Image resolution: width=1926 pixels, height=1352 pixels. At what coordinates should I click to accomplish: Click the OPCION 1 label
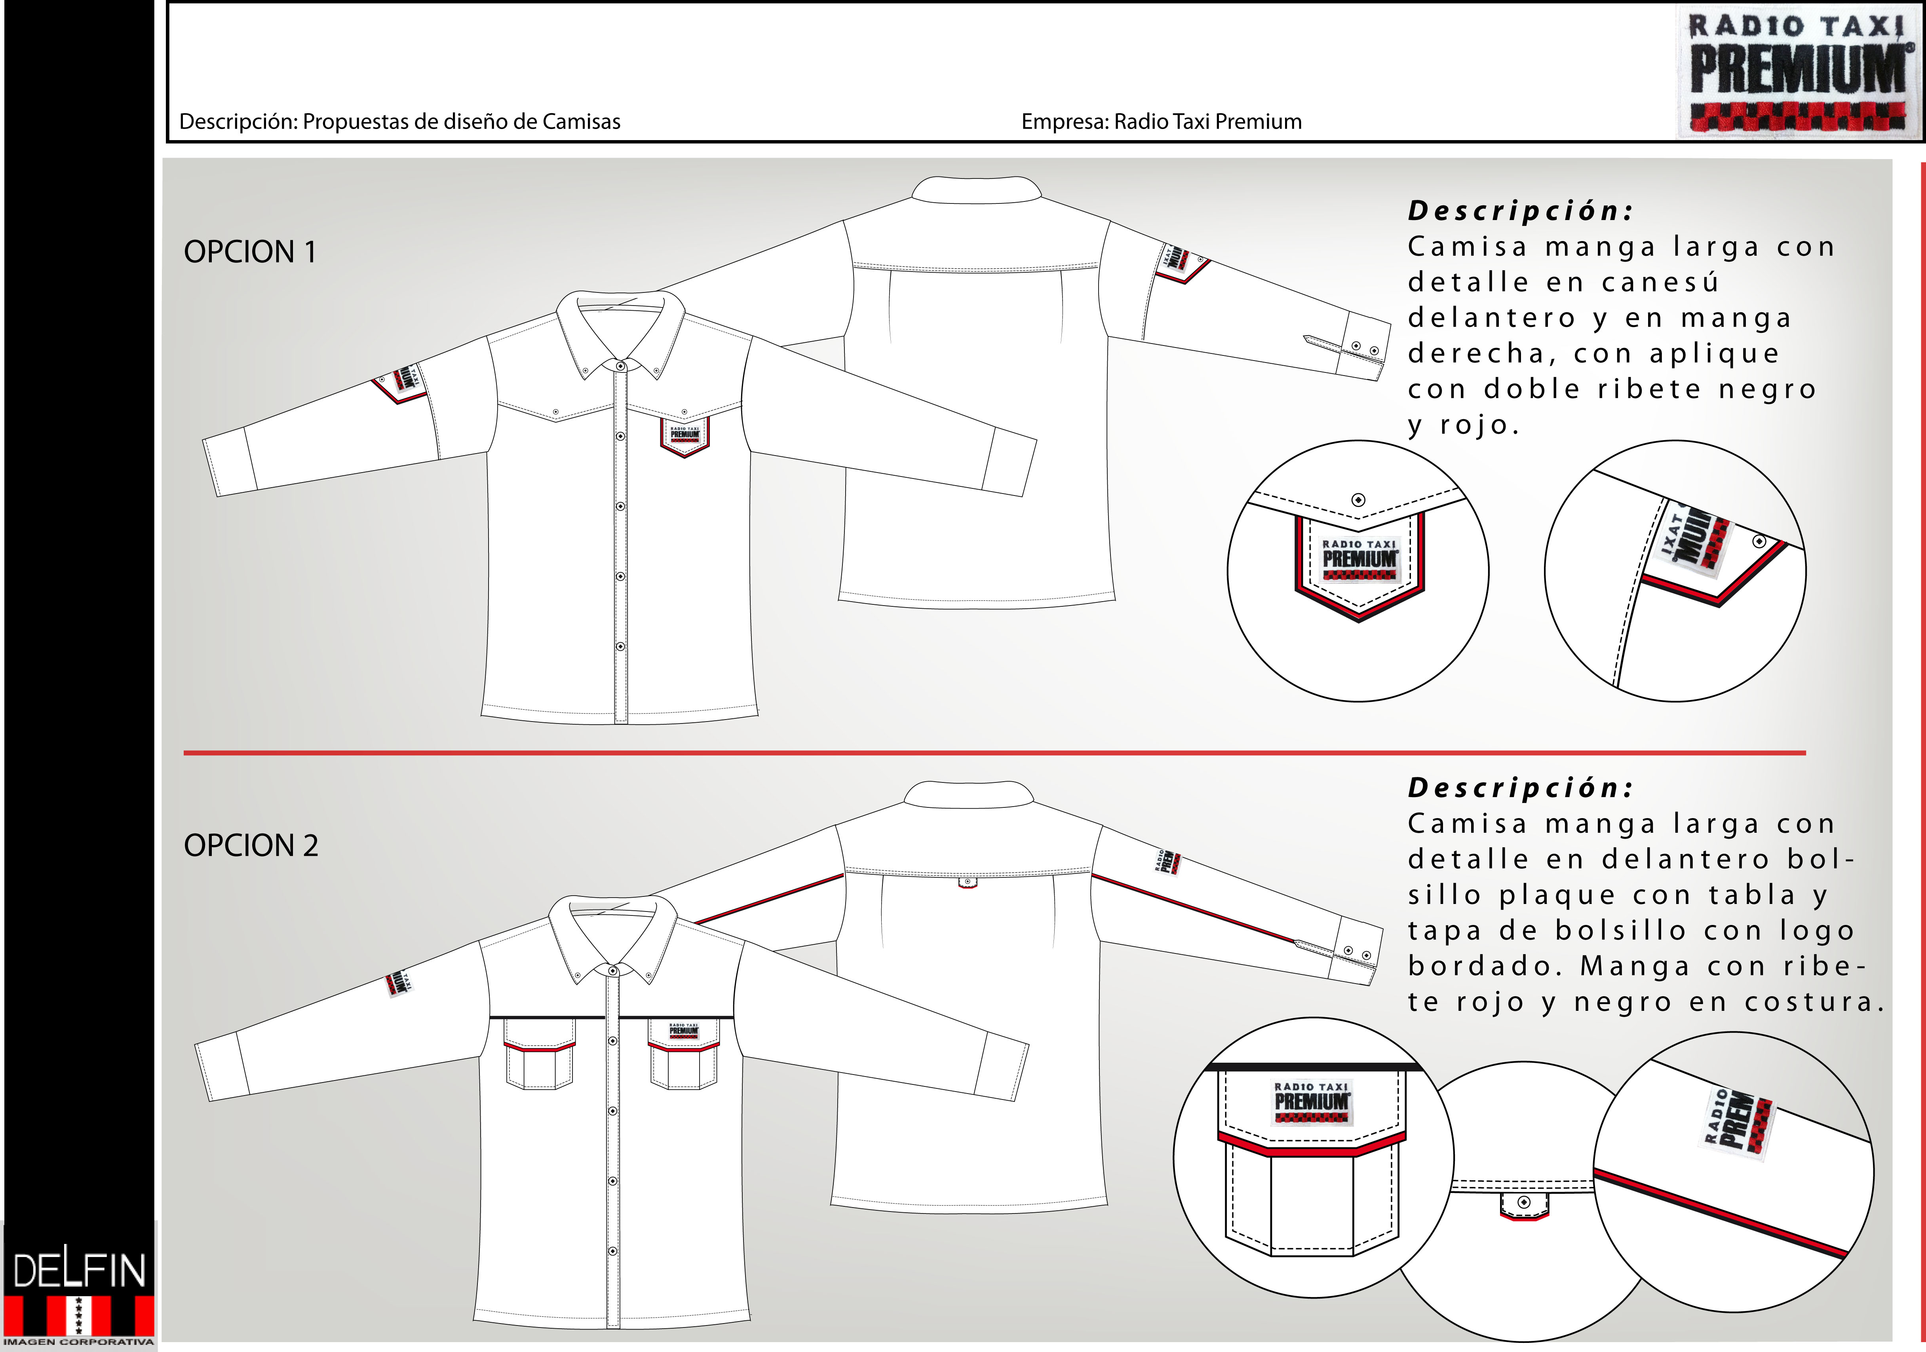[x=250, y=252]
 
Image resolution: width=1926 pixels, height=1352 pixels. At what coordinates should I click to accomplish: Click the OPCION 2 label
[x=251, y=845]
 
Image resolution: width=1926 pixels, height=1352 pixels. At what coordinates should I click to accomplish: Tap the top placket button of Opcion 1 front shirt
[x=620, y=366]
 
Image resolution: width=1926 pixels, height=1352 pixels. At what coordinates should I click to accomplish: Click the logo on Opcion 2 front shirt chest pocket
[x=684, y=1030]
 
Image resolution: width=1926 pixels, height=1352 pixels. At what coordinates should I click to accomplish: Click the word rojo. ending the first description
[x=1479, y=425]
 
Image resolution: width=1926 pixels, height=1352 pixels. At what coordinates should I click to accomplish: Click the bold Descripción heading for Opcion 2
[x=1520, y=788]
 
